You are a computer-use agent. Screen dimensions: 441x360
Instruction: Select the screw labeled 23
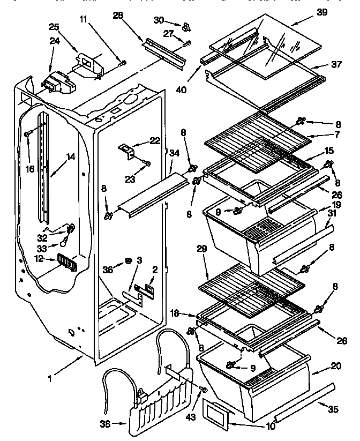click(x=148, y=163)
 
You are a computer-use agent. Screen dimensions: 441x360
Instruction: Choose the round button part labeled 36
click(x=129, y=261)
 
